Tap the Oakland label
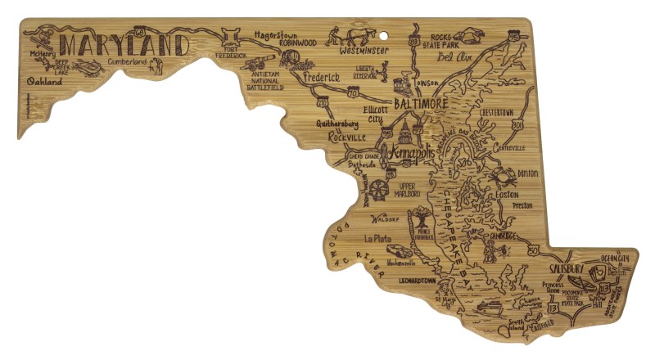click(43, 83)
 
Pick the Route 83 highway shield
click(415, 40)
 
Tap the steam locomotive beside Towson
click(403, 83)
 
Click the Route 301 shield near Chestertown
click(517, 124)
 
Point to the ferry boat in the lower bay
click(489, 308)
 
